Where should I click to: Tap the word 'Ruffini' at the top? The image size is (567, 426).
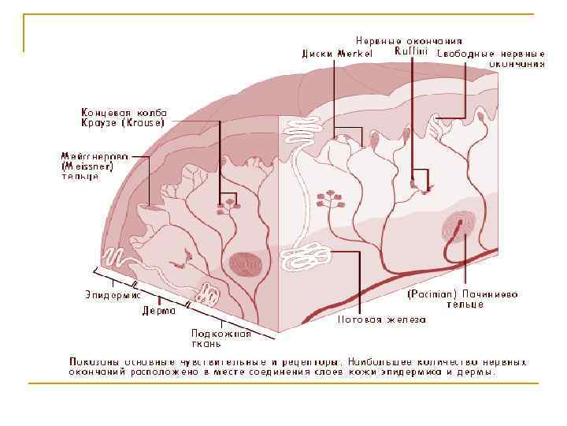pos(410,51)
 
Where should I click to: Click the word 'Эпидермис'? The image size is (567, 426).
pos(113,294)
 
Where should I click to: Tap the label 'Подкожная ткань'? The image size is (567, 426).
pos(221,338)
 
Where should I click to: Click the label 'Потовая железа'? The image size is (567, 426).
pos(382,319)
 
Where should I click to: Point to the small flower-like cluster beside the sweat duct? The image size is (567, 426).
pos(332,198)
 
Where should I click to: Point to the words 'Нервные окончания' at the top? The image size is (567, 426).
pos(408,41)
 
